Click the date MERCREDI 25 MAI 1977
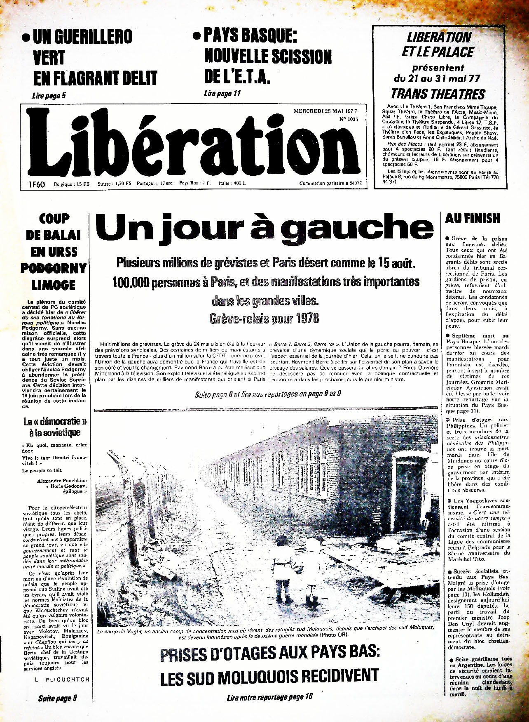325,111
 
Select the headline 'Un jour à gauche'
264,228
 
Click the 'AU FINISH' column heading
472,219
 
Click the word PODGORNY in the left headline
54,268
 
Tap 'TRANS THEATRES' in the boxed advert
438,94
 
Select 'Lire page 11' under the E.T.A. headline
222,93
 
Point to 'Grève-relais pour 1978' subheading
264,319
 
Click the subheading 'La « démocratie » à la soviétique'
52,427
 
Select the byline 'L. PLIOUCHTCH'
62,679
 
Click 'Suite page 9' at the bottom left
58,698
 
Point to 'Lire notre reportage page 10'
270,697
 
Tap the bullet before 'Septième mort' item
448,336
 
